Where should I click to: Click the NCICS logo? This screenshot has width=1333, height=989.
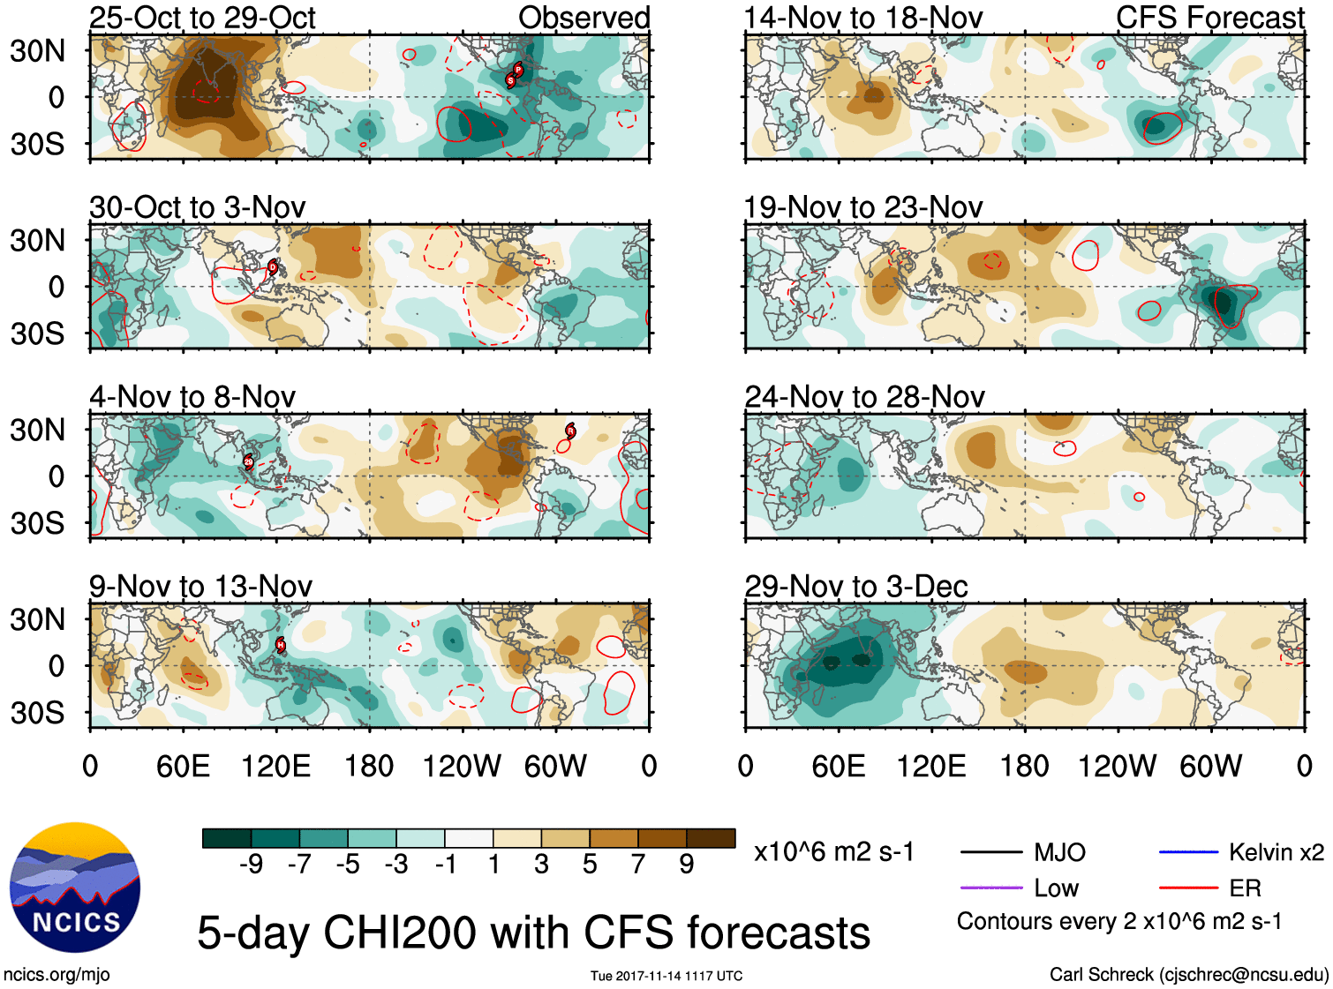point(75,887)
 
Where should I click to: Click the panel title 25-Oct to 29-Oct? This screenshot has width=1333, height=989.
point(202,18)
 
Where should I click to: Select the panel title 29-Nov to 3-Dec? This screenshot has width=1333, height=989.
point(856,587)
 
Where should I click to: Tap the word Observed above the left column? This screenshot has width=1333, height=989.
point(584,18)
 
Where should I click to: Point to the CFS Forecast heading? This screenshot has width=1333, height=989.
point(1209,18)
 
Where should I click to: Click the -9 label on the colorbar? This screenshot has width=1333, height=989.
point(251,865)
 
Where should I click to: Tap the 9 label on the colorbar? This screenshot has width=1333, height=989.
point(687,865)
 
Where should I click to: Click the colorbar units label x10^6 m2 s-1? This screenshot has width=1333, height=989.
point(833,852)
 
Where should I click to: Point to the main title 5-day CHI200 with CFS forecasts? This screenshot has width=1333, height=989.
point(533,933)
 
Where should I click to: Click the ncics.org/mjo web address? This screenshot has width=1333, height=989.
point(56,975)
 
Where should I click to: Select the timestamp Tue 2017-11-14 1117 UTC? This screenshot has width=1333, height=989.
point(666,976)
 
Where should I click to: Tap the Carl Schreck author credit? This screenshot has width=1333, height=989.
point(1188,975)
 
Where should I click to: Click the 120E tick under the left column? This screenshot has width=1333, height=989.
point(275,766)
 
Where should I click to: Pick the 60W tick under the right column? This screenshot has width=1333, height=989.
point(1210,766)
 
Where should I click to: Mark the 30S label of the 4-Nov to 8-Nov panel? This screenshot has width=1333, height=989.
point(37,523)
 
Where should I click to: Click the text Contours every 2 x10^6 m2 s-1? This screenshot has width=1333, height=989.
point(1119,922)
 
